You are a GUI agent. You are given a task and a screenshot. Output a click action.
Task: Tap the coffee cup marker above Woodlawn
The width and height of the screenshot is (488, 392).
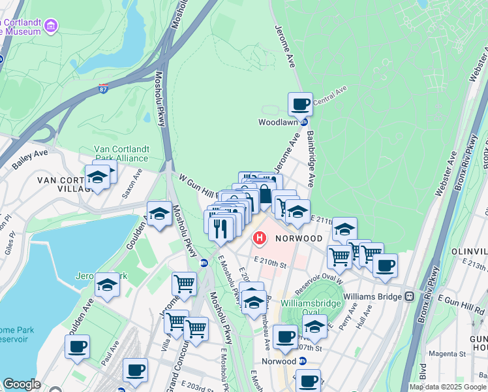point(300,104)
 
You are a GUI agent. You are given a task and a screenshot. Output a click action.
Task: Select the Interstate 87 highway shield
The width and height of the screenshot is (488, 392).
point(104,89)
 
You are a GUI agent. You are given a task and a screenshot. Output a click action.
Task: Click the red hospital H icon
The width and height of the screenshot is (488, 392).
point(260,238)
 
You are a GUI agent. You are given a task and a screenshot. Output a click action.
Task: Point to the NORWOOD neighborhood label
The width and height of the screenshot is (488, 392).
point(299,238)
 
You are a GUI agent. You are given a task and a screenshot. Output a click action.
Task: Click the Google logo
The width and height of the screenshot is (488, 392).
point(22,384)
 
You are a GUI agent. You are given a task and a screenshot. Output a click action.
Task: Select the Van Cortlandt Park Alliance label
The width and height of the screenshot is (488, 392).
point(121,153)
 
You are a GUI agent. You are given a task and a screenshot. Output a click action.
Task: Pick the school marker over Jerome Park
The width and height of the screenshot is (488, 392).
point(107,285)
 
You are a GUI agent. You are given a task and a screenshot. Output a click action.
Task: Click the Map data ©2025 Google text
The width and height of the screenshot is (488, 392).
point(448,387)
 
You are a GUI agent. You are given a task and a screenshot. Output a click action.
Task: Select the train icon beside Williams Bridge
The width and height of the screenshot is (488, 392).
point(409,296)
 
